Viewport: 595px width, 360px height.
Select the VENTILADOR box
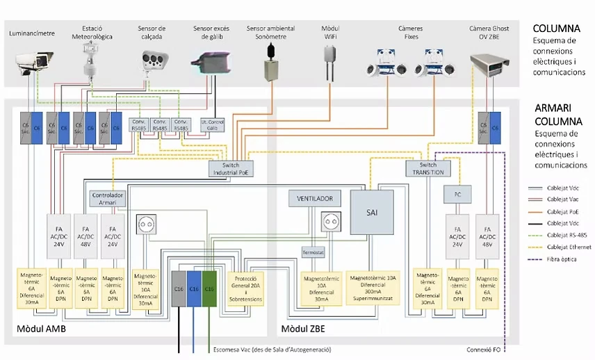(315, 198)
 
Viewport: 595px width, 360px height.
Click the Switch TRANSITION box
(427, 168)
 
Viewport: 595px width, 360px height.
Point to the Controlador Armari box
(108, 198)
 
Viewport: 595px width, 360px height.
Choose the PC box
(457, 194)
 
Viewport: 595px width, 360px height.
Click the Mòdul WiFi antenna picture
(329, 63)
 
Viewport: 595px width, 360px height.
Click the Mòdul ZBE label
(303, 328)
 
